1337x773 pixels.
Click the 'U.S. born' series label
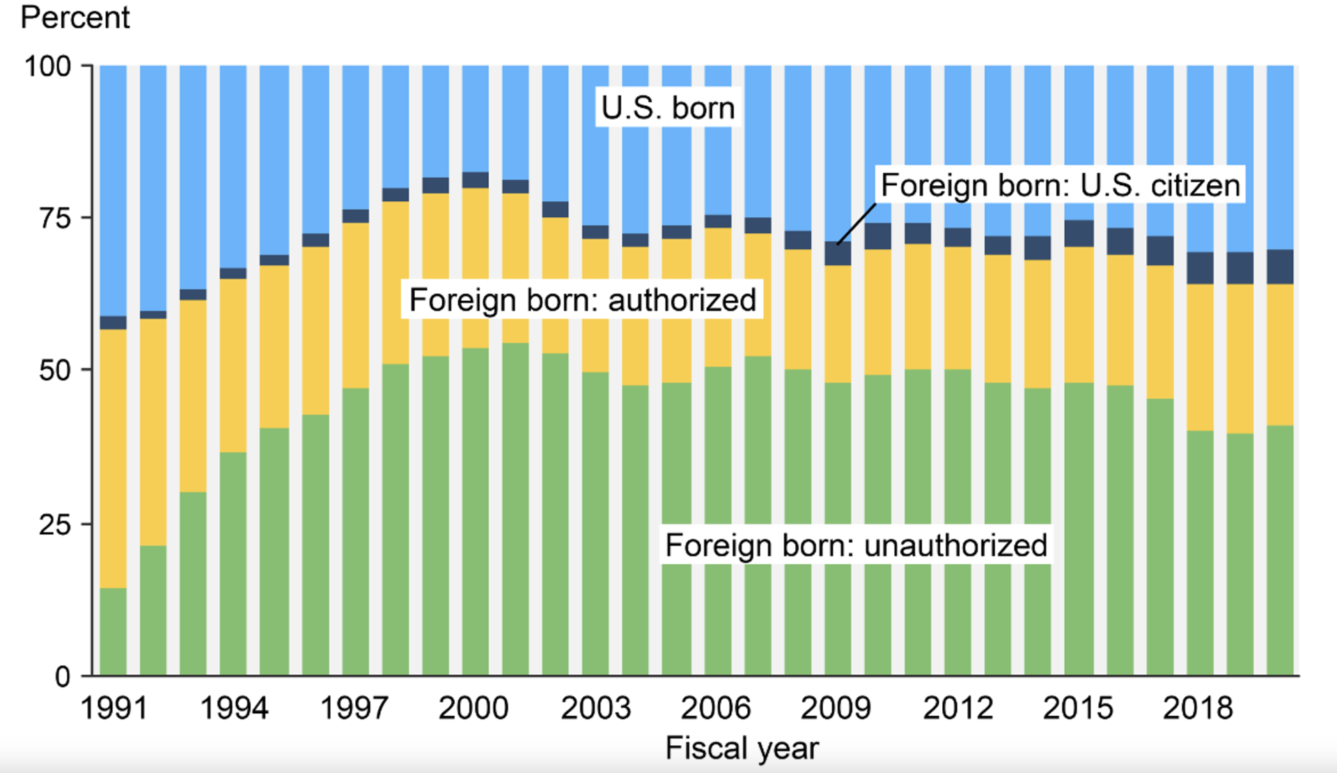[668, 108]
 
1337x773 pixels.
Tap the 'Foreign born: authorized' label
[582, 300]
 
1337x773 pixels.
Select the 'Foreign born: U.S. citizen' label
[1060, 185]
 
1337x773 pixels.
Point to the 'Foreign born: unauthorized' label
[856, 545]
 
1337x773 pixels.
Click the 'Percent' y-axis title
[75, 17]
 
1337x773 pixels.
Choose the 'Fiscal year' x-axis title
[742, 749]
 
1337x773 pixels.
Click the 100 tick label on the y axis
[48, 67]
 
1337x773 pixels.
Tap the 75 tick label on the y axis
[55, 219]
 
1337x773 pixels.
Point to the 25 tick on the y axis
[55, 524]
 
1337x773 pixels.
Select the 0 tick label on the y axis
[63, 677]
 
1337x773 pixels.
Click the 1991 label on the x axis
[114, 708]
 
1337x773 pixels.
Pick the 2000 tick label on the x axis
[474, 708]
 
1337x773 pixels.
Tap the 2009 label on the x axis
[836, 708]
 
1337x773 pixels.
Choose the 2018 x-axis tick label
[1198, 708]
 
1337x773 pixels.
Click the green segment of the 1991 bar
[114, 631]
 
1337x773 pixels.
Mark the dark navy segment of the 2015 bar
[1079, 233]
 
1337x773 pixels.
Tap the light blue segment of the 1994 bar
[233, 167]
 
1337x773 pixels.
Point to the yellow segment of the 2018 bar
[1200, 357]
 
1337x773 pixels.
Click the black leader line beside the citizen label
[857, 224]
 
